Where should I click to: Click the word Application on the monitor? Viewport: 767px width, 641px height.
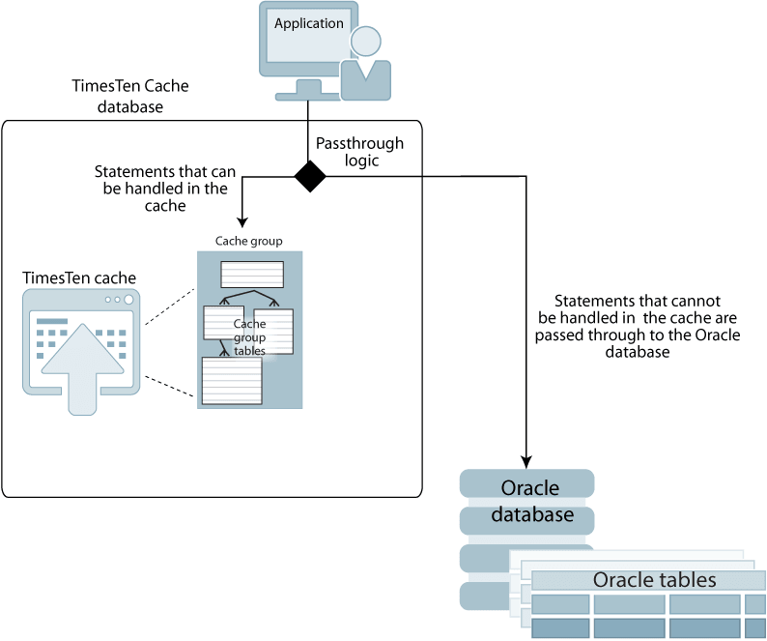click(309, 23)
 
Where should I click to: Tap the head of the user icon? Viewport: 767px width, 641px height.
click(365, 42)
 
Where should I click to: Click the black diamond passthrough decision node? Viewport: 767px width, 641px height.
click(310, 176)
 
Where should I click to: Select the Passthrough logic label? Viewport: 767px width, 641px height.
click(360, 152)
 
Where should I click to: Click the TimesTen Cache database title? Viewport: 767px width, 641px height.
click(130, 96)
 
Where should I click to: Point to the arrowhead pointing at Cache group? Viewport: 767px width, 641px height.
click(242, 222)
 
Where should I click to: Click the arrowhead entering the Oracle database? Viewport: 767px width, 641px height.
click(526, 462)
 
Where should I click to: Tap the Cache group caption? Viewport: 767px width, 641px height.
click(249, 241)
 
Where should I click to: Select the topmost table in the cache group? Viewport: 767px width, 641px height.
click(252, 275)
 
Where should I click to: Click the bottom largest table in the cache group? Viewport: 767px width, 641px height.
click(232, 381)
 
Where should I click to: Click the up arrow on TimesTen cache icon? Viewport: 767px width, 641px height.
click(82, 368)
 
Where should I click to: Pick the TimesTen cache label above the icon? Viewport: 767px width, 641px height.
click(79, 278)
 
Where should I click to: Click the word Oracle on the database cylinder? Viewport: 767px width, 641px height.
click(529, 487)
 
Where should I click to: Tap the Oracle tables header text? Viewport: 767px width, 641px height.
click(655, 580)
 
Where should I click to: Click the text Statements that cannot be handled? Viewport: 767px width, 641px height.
click(637, 326)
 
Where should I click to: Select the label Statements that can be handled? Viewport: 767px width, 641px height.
click(165, 189)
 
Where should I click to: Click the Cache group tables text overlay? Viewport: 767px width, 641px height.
click(249, 337)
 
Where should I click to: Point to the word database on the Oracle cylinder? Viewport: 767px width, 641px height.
click(532, 514)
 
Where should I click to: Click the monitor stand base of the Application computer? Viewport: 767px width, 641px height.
click(308, 97)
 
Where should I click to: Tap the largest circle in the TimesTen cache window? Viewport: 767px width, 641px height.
click(128, 299)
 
